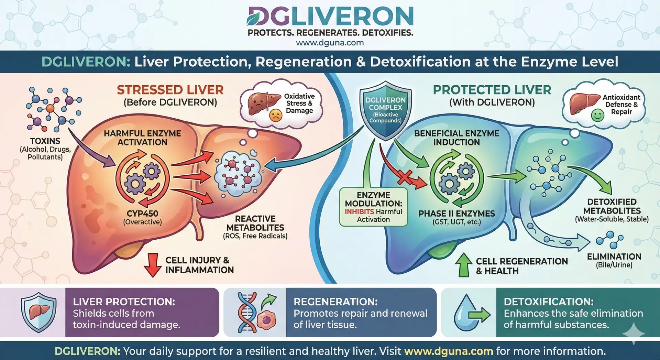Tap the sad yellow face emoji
pyautogui.click(x=275, y=115)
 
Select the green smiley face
pyautogui.click(x=597, y=115)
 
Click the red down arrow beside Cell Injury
pyautogui.click(x=153, y=265)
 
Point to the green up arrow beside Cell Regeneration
pyautogui.click(x=464, y=265)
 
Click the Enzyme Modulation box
pyautogui.click(x=373, y=207)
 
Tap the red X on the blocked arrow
pyautogui.click(x=405, y=177)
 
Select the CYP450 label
pyautogui.click(x=142, y=214)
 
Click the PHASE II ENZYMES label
pyautogui.click(x=456, y=214)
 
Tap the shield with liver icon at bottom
pyautogui.click(x=38, y=312)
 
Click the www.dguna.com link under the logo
pyautogui.click(x=330, y=43)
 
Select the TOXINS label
pyautogui.click(x=45, y=141)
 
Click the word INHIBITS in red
pyautogui.click(x=359, y=212)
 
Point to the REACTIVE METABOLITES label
pyautogui.click(x=255, y=223)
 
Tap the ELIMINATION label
pyautogui.click(x=614, y=257)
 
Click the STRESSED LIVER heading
pyautogui.click(x=170, y=90)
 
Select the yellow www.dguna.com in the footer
pyautogui.click(x=449, y=351)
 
